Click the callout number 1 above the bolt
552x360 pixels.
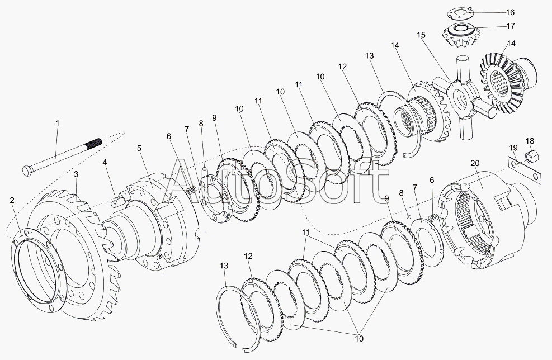[x=58, y=123]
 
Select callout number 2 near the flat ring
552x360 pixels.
[x=12, y=200]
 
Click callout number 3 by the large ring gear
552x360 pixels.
[x=76, y=174]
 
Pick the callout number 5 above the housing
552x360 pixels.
[x=139, y=148]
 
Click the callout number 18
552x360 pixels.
[x=530, y=141]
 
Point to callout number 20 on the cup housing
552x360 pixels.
[x=475, y=163]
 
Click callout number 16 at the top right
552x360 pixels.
[x=510, y=12]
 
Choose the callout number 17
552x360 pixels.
[x=511, y=26]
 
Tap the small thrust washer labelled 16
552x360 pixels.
[x=460, y=14]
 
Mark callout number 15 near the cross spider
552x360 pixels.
[x=421, y=35]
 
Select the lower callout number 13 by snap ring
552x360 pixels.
[x=224, y=266]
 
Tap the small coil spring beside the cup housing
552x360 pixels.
[x=434, y=218]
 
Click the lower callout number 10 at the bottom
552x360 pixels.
[x=359, y=339]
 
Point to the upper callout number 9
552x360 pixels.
[x=214, y=119]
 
